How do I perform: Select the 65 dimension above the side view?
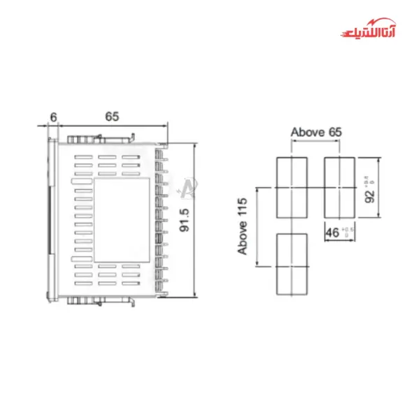point(112,116)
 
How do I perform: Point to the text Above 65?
point(316,132)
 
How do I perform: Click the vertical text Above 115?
point(242,227)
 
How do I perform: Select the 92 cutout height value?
point(370,189)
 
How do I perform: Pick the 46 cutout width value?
point(334,232)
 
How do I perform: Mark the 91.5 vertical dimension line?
point(195,221)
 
